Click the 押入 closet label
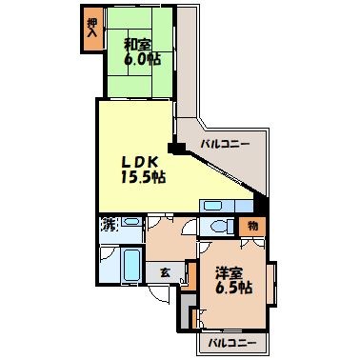pos(91,29)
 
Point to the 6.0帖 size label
pos(139,58)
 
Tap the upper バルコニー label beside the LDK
pos(224,144)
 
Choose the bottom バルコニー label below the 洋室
pos(228,341)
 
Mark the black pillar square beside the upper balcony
pos(174,149)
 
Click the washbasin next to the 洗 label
pos(130,225)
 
